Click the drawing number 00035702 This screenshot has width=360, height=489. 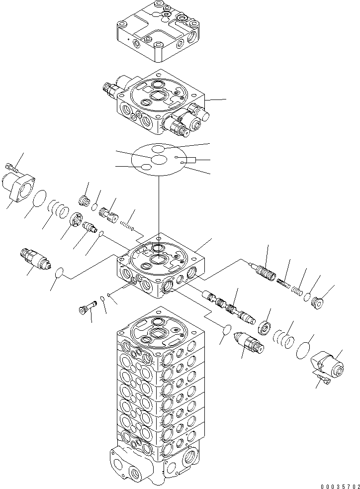coord(336,485)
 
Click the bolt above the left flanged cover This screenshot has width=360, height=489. coord(12,167)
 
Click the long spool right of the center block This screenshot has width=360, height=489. coord(228,307)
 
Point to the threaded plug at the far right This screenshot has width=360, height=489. coord(317,302)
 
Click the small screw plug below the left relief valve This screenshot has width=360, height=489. coord(85,308)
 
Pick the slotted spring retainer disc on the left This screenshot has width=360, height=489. coord(76,220)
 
